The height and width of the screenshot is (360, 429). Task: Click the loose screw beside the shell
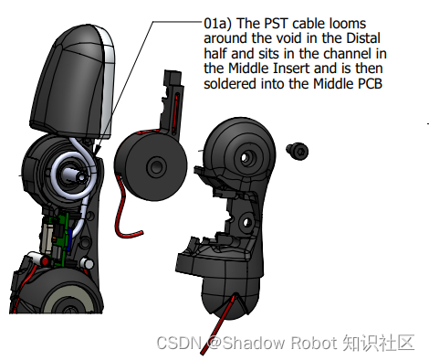click(x=298, y=151)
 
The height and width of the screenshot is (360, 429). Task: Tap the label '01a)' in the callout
click(x=217, y=24)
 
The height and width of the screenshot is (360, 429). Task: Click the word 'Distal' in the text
click(x=363, y=38)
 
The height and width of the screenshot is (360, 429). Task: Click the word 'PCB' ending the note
click(x=370, y=83)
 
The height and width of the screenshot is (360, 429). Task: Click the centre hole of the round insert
click(x=156, y=166)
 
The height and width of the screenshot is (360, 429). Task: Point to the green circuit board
click(x=62, y=238)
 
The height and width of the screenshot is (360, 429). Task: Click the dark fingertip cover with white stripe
click(x=73, y=81)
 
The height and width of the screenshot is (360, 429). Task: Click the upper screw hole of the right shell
click(x=245, y=157)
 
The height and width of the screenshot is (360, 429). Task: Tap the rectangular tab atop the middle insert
click(x=173, y=78)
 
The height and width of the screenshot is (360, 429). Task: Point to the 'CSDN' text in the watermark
click(x=179, y=343)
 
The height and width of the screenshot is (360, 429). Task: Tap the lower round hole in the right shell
click(x=246, y=223)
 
